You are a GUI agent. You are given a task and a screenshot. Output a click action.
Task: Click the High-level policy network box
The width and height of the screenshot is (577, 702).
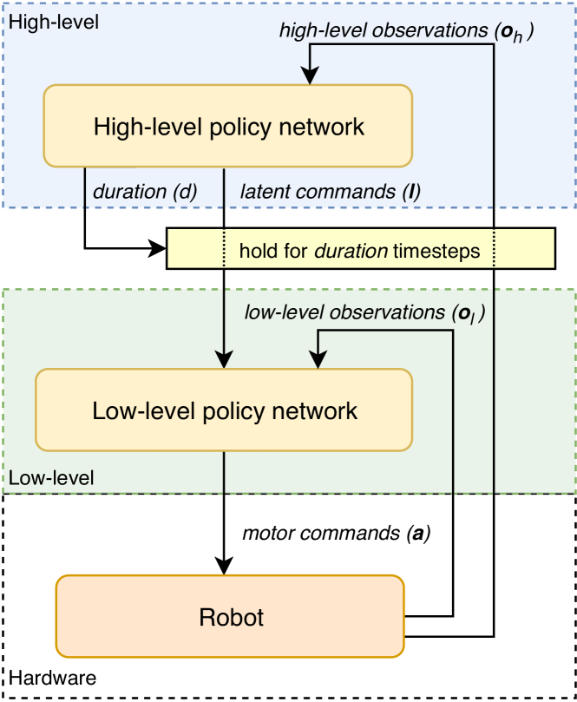227,127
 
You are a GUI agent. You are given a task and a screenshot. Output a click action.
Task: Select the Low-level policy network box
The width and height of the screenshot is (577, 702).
225,410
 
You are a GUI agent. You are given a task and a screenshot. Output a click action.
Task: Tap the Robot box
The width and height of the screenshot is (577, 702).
231,617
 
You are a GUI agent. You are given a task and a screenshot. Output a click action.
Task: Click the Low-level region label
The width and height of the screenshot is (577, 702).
51,478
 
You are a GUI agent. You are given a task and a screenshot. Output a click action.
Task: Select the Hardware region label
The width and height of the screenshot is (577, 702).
53,677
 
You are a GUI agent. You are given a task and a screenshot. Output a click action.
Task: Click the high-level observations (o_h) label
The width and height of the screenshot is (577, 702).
406,30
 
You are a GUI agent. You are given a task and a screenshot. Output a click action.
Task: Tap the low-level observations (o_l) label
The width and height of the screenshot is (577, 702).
364,312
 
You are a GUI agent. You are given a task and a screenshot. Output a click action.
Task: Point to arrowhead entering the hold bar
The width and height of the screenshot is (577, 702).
158,250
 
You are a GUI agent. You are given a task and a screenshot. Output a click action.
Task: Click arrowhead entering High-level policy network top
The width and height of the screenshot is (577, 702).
308,77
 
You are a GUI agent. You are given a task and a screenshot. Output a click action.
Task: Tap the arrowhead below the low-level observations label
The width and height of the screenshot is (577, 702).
318,360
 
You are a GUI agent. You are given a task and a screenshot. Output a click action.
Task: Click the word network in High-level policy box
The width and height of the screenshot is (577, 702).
323,127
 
